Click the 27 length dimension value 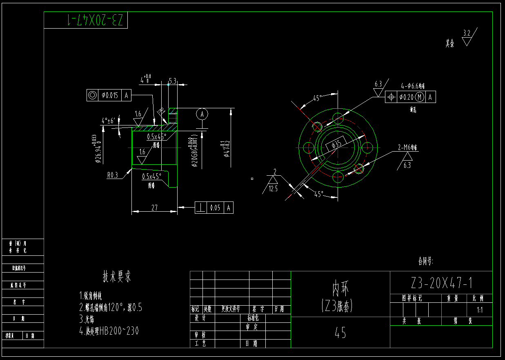point(154,208)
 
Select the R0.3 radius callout point(112,175)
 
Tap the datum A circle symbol point(202,114)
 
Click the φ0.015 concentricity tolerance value point(109,96)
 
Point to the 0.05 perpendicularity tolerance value point(215,208)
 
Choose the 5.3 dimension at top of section point(172,81)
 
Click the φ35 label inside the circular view point(337,143)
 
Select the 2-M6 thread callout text point(408,147)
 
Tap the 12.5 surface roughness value point(273,188)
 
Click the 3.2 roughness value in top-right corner point(467,33)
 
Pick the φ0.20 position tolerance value point(406,97)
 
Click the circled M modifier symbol point(420,97)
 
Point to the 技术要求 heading point(117,277)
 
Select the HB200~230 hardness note point(117,331)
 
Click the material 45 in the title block point(340,333)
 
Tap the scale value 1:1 point(480,310)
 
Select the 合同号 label point(425,260)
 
